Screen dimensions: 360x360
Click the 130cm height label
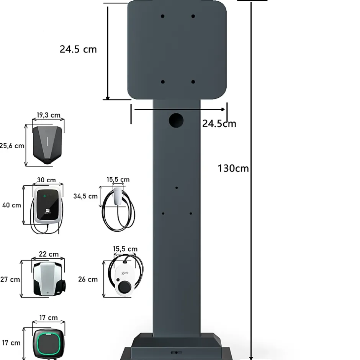coord(233,168)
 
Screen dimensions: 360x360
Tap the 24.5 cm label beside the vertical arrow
coord(78,49)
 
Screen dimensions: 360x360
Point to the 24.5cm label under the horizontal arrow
coord(219,124)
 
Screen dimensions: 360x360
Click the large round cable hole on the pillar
coord(176,120)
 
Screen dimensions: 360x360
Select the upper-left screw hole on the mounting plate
coord(162,16)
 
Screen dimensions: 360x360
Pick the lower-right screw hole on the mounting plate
coord(193,82)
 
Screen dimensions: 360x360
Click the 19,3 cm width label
coord(48,115)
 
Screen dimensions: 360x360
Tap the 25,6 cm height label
coord(12,146)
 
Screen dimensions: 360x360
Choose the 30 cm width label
coord(46,180)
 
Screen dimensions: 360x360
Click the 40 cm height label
coord(11,205)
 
